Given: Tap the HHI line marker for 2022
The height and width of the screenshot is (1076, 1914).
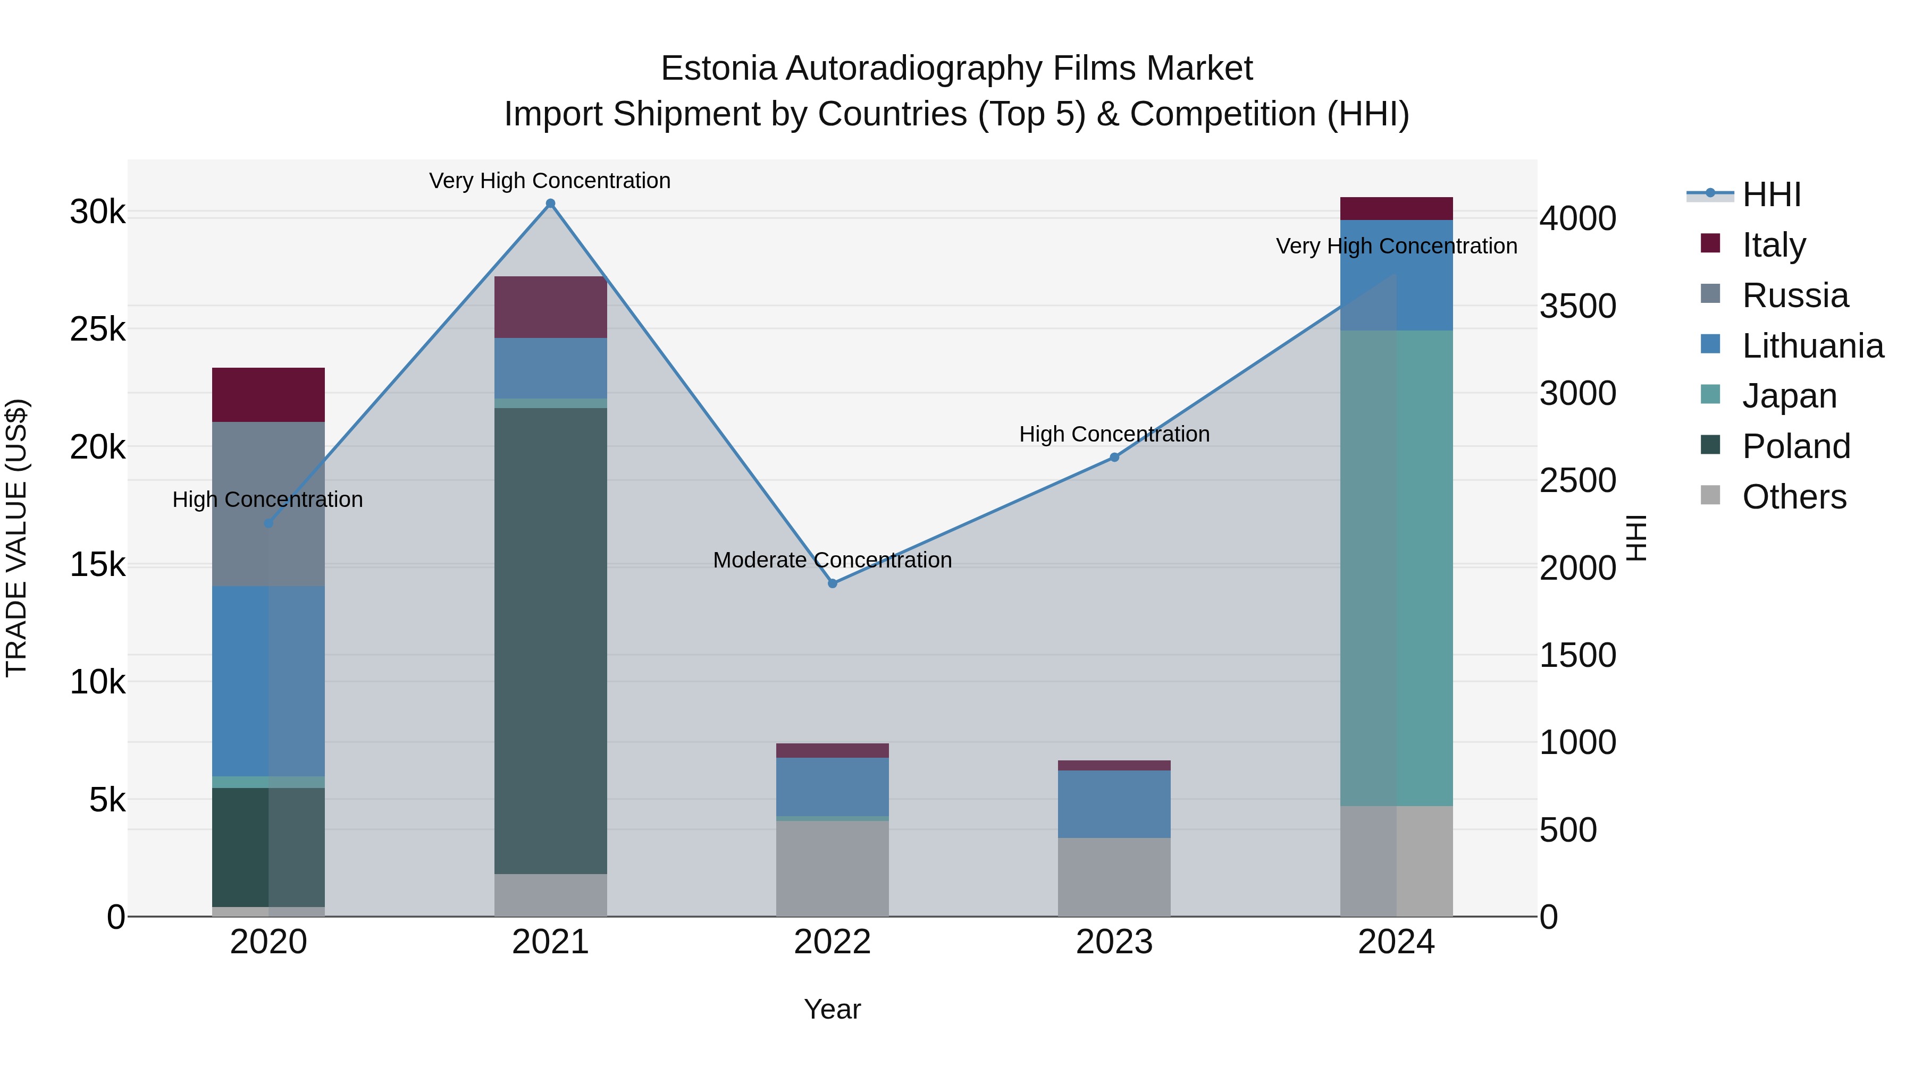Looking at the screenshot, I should click(832, 583).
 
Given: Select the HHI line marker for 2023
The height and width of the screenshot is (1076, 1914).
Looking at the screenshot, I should click(1114, 457).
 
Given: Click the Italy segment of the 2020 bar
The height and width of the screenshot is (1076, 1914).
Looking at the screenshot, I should click(268, 394).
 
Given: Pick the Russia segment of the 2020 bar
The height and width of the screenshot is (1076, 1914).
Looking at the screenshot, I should click(268, 504).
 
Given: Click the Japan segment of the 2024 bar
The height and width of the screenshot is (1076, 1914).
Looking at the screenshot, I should click(1396, 568).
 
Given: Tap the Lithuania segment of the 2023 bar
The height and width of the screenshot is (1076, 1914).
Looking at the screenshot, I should click(1114, 804).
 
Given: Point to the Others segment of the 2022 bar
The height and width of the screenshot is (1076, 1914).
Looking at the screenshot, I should click(832, 868).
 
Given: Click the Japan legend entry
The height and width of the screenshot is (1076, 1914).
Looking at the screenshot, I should click(1789, 396).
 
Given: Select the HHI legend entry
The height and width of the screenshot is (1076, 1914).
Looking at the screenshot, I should click(1772, 194).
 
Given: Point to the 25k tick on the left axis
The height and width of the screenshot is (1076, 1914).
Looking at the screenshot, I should click(97, 329).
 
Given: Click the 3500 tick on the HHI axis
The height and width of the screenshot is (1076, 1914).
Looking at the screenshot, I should click(1577, 306).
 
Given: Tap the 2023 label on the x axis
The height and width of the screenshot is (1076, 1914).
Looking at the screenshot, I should click(1114, 942).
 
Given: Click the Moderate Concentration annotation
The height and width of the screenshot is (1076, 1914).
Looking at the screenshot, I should click(832, 560).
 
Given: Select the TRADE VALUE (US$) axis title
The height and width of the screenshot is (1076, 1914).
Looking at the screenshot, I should click(17, 538).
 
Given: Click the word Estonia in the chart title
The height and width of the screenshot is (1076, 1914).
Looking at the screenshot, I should click(718, 69).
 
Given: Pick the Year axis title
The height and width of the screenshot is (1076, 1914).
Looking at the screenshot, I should click(832, 1009).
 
